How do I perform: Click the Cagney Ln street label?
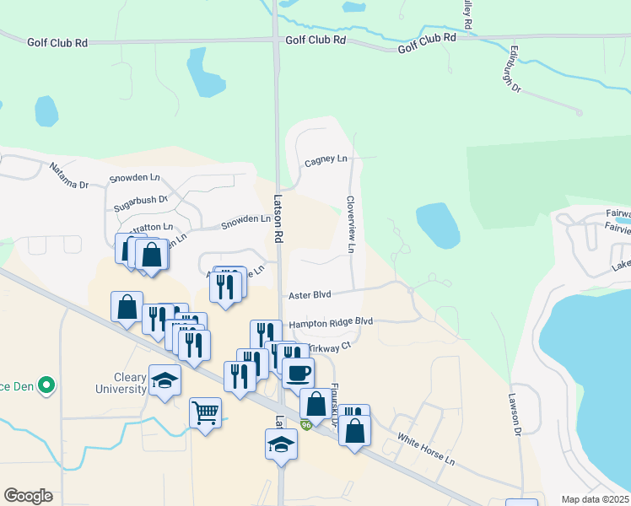[x=326, y=159]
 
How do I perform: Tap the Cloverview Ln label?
[x=350, y=224]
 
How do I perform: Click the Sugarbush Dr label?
[x=141, y=203]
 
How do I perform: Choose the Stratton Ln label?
[x=151, y=228]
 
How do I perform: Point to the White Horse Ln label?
[x=426, y=449]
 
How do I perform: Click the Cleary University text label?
[x=118, y=384]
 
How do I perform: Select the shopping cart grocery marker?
[x=205, y=413]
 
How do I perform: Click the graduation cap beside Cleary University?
[x=164, y=380]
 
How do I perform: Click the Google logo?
[x=28, y=496]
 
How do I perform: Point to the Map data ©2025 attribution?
[x=595, y=499]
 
